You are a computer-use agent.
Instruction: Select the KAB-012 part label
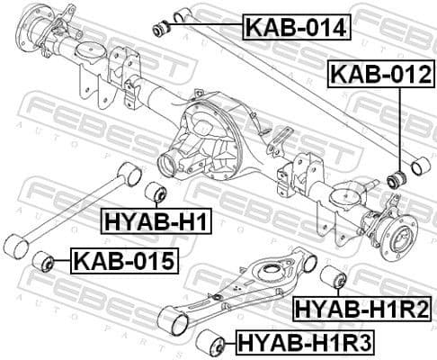coord(379,75)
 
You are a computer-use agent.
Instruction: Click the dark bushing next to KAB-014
coord(163,28)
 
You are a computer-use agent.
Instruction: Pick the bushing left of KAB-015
coord(42,262)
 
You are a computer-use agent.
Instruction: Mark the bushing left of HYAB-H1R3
coord(212,341)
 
